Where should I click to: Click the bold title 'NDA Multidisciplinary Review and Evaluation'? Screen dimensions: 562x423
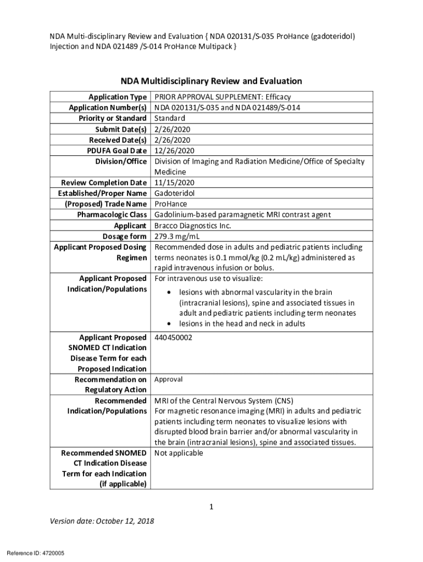click(211, 81)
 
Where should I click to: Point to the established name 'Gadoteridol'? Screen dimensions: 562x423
click(174, 193)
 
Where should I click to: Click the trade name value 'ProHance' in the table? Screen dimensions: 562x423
click(170, 204)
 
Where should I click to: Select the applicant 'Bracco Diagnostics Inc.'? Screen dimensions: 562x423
click(193, 226)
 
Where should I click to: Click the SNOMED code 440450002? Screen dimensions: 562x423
click(173, 338)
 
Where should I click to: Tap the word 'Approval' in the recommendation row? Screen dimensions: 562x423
click(168, 380)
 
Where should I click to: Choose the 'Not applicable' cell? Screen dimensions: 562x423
click(179, 453)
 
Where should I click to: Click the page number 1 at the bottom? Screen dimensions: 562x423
click(211, 507)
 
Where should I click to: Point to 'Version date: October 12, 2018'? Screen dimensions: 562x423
click(102, 521)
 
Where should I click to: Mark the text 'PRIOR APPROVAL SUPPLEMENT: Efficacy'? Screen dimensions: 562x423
click(222, 97)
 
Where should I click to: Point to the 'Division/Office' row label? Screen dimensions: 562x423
click(121, 161)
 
